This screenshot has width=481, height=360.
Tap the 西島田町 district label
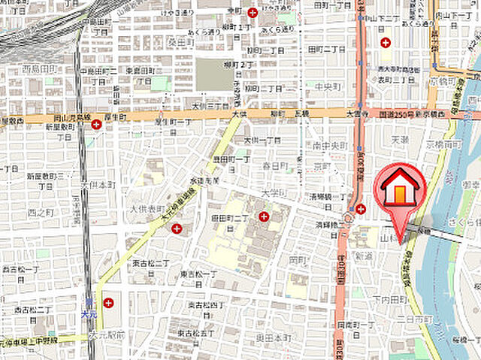(40, 70)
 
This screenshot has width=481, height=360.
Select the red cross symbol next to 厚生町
(97, 124)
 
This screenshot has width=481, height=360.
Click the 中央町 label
(328, 86)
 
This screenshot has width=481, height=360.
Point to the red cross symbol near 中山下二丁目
(386, 43)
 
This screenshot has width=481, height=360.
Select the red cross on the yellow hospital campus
(264, 217)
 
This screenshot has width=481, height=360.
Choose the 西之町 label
(37, 213)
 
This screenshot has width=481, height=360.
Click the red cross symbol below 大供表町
(177, 228)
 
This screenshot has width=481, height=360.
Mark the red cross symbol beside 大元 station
(109, 303)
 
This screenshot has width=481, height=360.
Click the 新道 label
(364, 256)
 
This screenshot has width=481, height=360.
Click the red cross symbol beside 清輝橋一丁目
(361, 209)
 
